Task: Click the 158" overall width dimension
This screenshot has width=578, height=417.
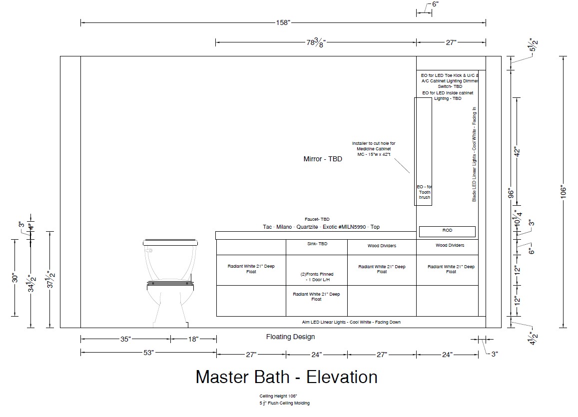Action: click(x=283, y=23)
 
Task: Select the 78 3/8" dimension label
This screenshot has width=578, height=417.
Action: click(x=316, y=42)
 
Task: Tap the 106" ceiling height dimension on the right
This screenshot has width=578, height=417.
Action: click(x=563, y=192)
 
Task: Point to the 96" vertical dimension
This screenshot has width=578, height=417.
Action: click(x=511, y=193)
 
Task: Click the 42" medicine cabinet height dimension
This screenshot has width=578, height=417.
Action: click(x=517, y=152)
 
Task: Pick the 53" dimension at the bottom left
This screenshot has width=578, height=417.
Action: click(x=148, y=353)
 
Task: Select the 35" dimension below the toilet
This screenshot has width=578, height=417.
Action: click(x=125, y=339)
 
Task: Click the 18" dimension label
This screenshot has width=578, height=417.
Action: click(x=193, y=339)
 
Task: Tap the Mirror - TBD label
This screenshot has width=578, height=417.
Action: click(x=323, y=159)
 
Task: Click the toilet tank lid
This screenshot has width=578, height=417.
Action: click(x=170, y=242)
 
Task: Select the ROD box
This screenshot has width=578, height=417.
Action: click(x=447, y=231)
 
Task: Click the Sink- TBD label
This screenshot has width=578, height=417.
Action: click(x=317, y=244)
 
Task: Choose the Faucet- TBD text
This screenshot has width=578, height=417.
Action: click(x=317, y=219)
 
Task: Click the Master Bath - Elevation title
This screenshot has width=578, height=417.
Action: click(x=286, y=377)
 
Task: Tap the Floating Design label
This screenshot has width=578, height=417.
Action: click(x=290, y=337)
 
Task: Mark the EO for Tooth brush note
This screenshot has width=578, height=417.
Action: click(x=424, y=192)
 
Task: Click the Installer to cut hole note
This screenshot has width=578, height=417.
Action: click(x=374, y=149)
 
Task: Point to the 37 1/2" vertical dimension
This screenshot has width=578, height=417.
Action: click(x=50, y=279)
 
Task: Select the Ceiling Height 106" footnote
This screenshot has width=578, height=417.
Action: click(x=278, y=396)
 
